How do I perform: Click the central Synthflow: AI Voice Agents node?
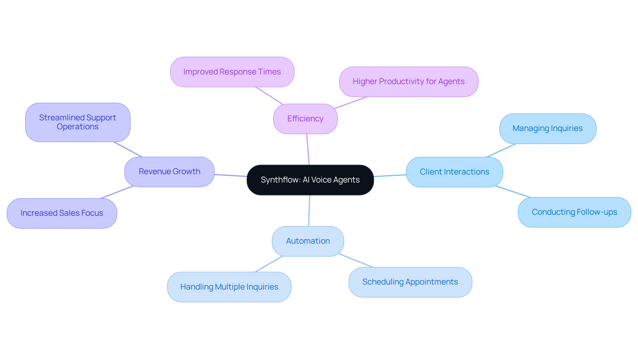(x=310, y=180)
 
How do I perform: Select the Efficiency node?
(x=305, y=119)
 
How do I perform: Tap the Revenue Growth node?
(x=169, y=172)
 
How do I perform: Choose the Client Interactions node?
(x=454, y=172)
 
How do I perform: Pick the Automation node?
(x=308, y=241)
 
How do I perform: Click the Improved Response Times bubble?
(x=232, y=72)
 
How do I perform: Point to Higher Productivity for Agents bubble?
(x=408, y=81)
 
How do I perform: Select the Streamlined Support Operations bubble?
(x=77, y=122)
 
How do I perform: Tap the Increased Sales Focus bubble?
(x=62, y=213)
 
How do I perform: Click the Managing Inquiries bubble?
(x=548, y=128)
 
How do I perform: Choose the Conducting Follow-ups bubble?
(x=574, y=212)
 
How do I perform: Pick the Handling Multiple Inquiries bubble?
(x=229, y=287)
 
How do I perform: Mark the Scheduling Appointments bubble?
(x=410, y=282)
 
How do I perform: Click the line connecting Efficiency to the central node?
(x=308, y=150)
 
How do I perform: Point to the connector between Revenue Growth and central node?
(x=231, y=175)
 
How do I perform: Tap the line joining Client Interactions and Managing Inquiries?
(x=501, y=150)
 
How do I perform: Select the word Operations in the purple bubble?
(x=77, y=127)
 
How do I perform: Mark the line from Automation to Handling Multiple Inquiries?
(x=268, y=264)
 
